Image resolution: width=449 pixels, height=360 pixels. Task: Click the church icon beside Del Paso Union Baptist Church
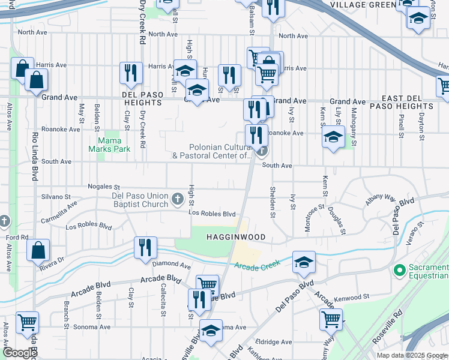tap(177, 199)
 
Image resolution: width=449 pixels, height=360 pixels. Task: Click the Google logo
tap(19, 353)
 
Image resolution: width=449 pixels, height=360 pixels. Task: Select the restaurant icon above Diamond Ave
tap(145, 247)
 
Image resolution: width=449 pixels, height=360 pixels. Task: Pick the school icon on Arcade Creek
tap(304, 261)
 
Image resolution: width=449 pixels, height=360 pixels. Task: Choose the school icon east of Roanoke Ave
tap(333, 136)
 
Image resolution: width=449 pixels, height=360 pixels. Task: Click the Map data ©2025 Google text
tap(412, 355)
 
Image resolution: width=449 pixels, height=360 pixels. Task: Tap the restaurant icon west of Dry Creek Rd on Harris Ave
tap(130, 73)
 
